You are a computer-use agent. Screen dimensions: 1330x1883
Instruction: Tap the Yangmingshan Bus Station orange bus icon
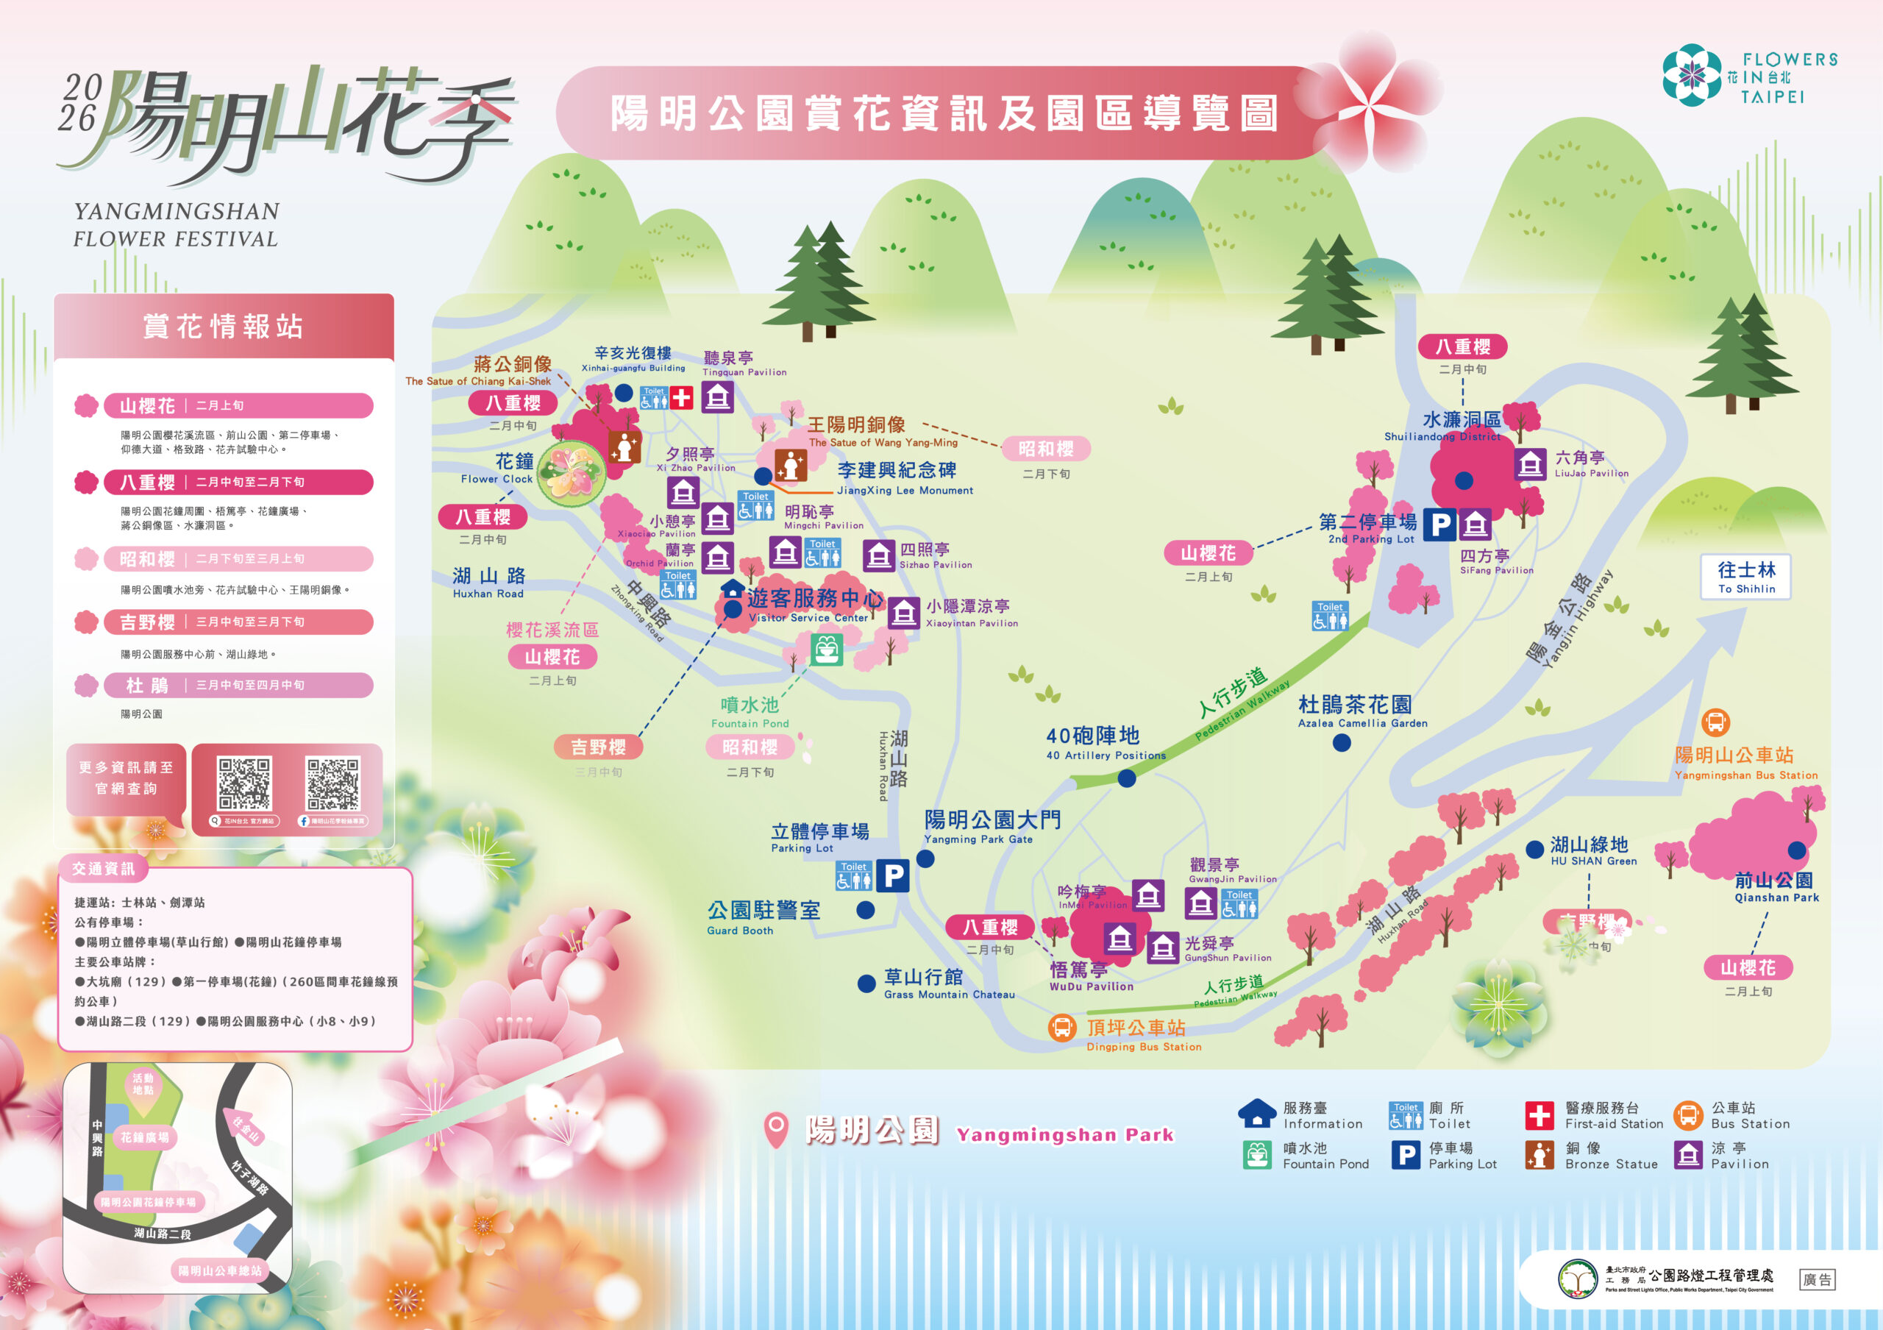(1715, 722)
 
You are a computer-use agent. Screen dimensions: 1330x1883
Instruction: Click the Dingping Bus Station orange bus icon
(1062, 1028)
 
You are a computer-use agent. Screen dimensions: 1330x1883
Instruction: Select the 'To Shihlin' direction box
(1746, 577)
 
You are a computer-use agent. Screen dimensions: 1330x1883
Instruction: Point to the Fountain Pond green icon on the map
(827, 650)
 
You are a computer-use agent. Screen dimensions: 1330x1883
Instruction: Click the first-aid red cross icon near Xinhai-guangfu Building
(682, 399)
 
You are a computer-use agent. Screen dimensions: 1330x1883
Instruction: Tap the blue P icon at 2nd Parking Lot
(1439, 524)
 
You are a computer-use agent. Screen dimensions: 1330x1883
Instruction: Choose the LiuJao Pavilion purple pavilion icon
(1529, 464)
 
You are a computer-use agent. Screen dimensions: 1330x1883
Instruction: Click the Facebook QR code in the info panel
(333, 785)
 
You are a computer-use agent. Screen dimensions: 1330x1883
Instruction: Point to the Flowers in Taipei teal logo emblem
(1691, 76)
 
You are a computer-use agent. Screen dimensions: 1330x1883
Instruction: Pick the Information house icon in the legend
(1256, 1114)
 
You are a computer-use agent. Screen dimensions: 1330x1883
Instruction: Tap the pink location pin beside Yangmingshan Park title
(776, 1130)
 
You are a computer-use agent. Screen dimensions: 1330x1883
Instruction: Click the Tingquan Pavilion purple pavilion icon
(718, 398)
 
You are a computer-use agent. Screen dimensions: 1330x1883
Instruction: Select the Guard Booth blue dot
(865, 909)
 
